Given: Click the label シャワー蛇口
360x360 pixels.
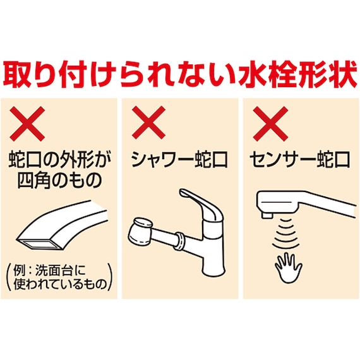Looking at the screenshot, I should point(176,160).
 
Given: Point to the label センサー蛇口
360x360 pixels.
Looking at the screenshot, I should point(300,160).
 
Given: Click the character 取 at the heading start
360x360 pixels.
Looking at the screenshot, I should point(22,75).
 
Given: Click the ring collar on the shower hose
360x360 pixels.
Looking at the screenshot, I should point(179,239).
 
